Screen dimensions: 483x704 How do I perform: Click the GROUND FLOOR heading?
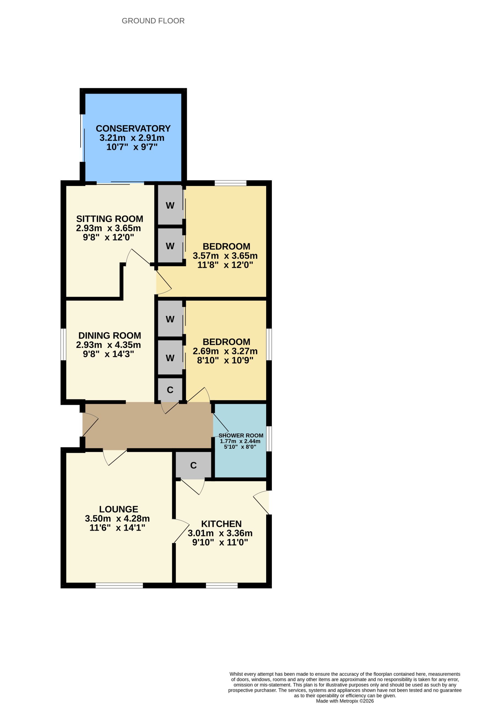point(153,21)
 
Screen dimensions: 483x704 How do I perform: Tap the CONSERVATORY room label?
point(133,128)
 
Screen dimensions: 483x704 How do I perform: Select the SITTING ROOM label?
point(110,219)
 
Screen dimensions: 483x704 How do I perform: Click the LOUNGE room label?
point(119,509)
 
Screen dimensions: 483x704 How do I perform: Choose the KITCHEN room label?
point(221,524)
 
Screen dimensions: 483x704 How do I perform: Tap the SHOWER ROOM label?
point(241,435)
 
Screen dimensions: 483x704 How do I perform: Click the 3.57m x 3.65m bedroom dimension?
point(225,256)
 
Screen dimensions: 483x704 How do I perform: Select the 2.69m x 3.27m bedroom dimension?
point(225,351)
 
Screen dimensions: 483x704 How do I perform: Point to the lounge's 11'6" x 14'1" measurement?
point(117,528)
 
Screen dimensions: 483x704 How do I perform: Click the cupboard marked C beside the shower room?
point(194,465)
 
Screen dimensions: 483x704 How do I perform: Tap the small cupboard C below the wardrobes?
point(170,390)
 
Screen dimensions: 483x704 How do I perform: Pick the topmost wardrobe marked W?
point(170,205)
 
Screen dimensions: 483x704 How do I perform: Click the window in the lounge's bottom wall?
point(119,585)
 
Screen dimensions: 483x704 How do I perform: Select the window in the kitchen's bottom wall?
point(222,585)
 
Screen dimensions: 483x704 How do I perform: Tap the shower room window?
point(269,439)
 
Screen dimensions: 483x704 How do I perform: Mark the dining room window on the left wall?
point(63,344)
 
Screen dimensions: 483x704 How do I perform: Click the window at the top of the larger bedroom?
point(230,183)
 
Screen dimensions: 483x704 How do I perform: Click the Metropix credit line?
point(345,701)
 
